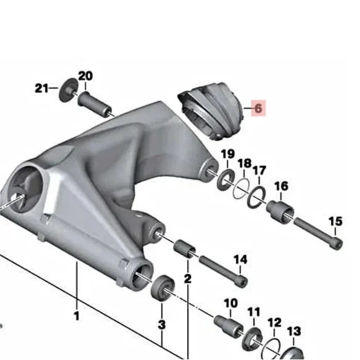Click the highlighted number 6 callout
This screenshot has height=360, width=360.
pyautogui.click(x=258, y=108)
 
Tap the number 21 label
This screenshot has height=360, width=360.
pyautogui.click(x=41, y=88)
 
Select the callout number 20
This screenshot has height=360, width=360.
pyautogui.click(x=85, y=76)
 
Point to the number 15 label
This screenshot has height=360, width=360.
pyautogui.click(x=335, y=221)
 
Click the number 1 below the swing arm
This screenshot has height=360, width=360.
pyautogui.click(x=76, y=316)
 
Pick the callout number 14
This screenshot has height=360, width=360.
pyautogui.click(x=241, y=260)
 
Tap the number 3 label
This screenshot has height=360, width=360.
pyautogui.click(x=162, y=324)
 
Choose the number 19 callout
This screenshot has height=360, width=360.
pyautogui.click(x=228, y=154)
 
